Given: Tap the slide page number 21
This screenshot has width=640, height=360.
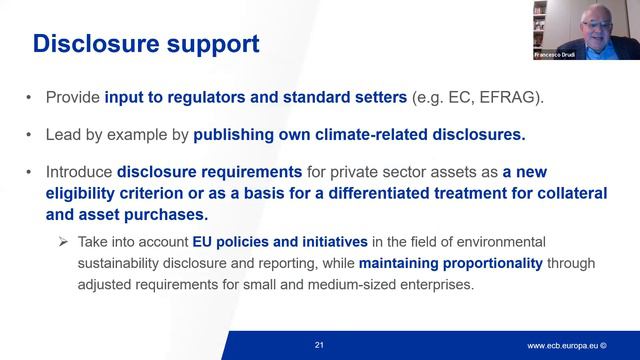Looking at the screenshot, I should [319, 345].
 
